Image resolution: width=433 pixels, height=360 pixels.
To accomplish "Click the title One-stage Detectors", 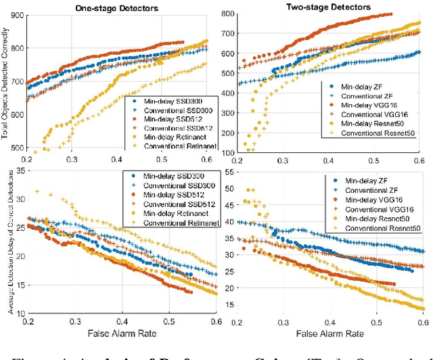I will (x=106, y=8).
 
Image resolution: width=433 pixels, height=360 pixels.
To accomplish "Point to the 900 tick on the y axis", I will (x=16, y=14).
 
